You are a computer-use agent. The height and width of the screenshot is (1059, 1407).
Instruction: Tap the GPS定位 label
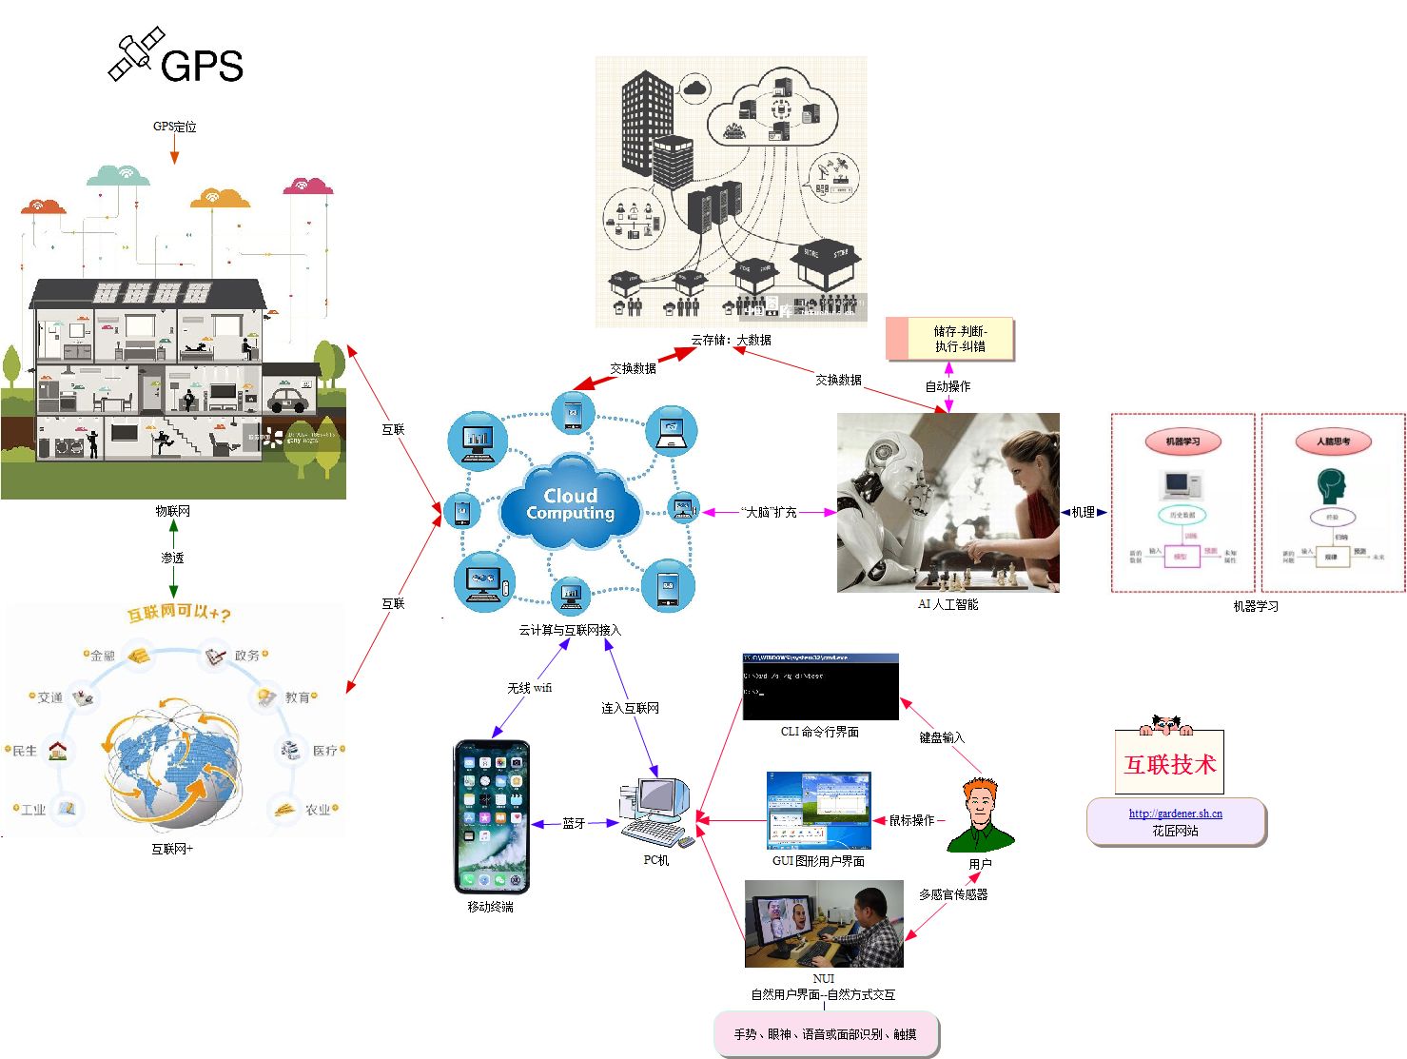174,127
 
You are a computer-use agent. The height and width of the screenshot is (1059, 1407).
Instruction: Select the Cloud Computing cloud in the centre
571,504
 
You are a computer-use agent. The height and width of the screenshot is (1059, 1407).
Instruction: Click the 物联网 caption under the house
173,511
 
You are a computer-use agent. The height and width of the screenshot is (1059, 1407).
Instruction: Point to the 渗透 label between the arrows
172,559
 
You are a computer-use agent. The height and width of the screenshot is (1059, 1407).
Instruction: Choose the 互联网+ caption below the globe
172,849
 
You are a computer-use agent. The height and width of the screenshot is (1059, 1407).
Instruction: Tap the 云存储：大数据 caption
731,340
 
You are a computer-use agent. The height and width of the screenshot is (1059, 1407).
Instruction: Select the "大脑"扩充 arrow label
769,512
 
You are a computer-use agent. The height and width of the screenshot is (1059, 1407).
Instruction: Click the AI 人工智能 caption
948,604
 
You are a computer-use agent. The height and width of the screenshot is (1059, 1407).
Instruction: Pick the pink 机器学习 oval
1182,441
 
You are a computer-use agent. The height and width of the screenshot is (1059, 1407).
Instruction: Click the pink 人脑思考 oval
1333,441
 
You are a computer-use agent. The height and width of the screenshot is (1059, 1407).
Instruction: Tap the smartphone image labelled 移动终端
491,816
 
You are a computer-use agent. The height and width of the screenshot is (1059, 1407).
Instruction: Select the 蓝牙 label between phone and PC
574,823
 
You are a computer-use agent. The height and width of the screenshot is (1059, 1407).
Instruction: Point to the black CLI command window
820,687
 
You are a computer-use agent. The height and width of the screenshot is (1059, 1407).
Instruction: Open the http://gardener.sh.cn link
1175,814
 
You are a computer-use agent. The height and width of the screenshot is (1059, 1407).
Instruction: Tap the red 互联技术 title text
1170,765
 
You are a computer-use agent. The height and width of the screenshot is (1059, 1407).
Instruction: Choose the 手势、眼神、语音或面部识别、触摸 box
826,1034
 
